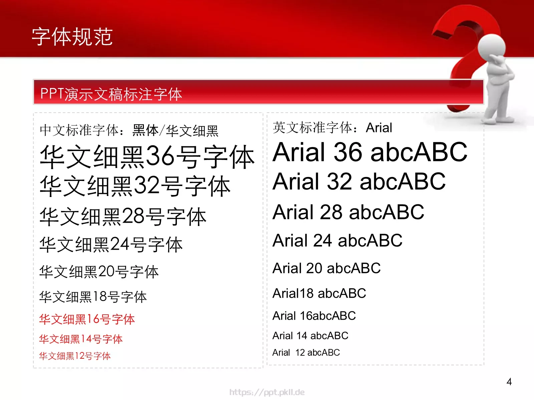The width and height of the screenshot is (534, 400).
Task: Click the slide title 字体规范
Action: click(72, 37)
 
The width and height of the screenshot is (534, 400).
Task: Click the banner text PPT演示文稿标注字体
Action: click(111, 94)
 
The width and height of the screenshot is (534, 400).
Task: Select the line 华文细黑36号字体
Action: click(147, 157)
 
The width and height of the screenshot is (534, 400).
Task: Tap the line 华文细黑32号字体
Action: click(135, 186)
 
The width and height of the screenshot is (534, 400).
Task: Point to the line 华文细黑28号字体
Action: click(123, 217)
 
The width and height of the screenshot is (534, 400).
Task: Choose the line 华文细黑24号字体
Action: click(111, 245)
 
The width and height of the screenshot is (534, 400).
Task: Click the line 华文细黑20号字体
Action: click(99, 272)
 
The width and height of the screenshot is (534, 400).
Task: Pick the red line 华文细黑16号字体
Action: click(87, 319)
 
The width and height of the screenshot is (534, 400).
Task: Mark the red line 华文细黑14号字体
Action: click(81, 339)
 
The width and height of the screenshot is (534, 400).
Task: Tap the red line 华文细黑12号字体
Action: click(75, 356)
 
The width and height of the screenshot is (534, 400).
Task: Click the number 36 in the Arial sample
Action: click(348, 152)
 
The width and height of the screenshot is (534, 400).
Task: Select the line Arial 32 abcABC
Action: click(359, 182)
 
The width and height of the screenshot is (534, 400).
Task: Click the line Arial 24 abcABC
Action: click(337, 241)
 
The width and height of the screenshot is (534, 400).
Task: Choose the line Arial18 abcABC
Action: click(319, 293)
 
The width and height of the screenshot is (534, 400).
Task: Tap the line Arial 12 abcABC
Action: click(306, 353)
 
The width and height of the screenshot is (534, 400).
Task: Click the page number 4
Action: click(509, 382)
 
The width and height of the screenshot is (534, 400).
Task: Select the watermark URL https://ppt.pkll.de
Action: click(267, 392)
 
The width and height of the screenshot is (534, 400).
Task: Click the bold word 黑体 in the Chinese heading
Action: click(145, 130)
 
